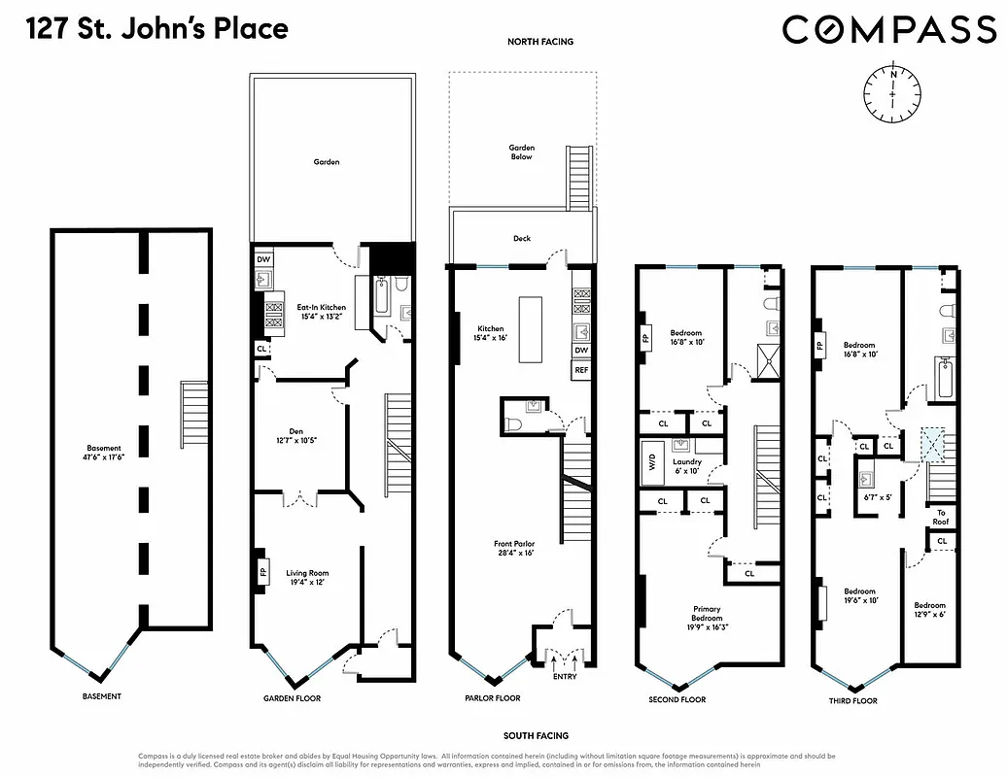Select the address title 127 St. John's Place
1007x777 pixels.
point(158,28)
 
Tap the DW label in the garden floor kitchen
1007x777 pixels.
point(263,259)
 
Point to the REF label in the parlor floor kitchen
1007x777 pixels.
point(581,370)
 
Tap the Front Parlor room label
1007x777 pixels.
point(514,548)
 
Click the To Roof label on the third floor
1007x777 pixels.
point(941,517)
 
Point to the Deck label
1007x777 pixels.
point(522,238)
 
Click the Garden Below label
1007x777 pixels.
point(522,152)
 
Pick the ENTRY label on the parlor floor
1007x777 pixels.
point(564,676)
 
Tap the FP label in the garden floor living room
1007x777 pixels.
point(262,572)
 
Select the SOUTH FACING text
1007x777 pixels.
point(537,736)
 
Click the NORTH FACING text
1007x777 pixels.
point(540,42)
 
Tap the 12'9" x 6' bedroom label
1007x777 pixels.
point(929,610)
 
